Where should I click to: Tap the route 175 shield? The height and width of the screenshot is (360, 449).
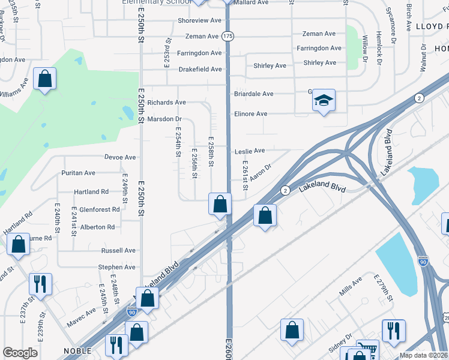tap(228, 37)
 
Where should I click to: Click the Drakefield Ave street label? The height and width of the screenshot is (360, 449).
tap(200, 70)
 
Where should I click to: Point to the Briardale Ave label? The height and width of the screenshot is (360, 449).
tap(253, 94)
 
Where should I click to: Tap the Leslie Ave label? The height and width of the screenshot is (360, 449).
tap(250, 151)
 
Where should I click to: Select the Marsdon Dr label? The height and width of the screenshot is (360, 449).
tap(164, 119)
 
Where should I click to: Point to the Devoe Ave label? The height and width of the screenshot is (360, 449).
tap(120, 158)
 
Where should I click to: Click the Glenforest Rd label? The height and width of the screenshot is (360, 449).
tap(100, 210)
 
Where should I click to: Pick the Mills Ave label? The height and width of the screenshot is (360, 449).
tap(351, 285)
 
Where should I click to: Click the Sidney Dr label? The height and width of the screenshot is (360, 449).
tap(341, 344)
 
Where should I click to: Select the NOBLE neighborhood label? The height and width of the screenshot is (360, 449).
tap(77, 351)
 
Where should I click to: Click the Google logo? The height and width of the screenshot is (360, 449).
tap(20, 353)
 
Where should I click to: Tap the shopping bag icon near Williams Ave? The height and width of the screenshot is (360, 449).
tap(44, 79)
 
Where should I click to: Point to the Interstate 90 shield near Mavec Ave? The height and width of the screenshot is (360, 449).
tap(132, 312)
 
